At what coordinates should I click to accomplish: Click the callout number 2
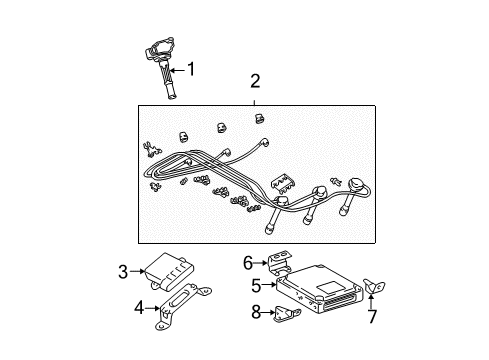[x=254, y=81]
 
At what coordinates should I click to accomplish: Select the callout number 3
[x=123, y=269]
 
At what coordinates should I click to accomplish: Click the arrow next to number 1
[x=180, y=70]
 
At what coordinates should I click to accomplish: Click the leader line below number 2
[x=254, y=96]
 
